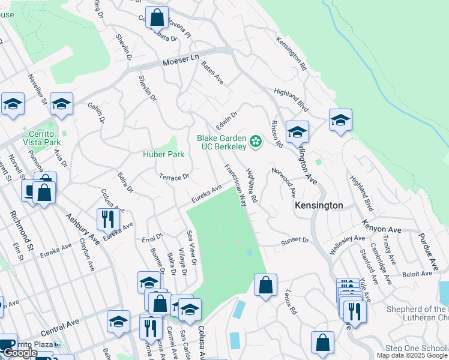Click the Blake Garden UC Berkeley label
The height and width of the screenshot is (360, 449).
pyautogui.click(x=221, y=142)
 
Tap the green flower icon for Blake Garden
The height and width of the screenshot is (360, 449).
pyautogui.click(x=256, y=142)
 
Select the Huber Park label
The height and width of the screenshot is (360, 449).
pyautogui.click(x=163, y=154)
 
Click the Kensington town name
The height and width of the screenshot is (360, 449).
pyautogui.click(x=319, y=205)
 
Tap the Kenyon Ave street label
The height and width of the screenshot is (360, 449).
pyautogui.click(x=381, y=226)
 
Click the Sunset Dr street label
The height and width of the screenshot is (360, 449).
pyautogui.click(x=295, y=241)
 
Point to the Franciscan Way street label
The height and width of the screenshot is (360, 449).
pyautogui.click(x=235, y=185)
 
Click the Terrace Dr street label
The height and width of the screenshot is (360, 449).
pyautogui.click(x=174, y=176)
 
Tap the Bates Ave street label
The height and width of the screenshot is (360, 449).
pyautogui.click(x=212, y=73)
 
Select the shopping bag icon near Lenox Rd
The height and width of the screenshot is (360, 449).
pyautogui.click(x=265, y=285)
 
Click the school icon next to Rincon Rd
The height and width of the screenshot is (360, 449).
pyautogui.click(x=297, y=131)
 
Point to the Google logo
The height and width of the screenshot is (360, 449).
pyautogui.click(x=20, y=353)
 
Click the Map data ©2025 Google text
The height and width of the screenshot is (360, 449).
pyautogui.click(x=412, y=355)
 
